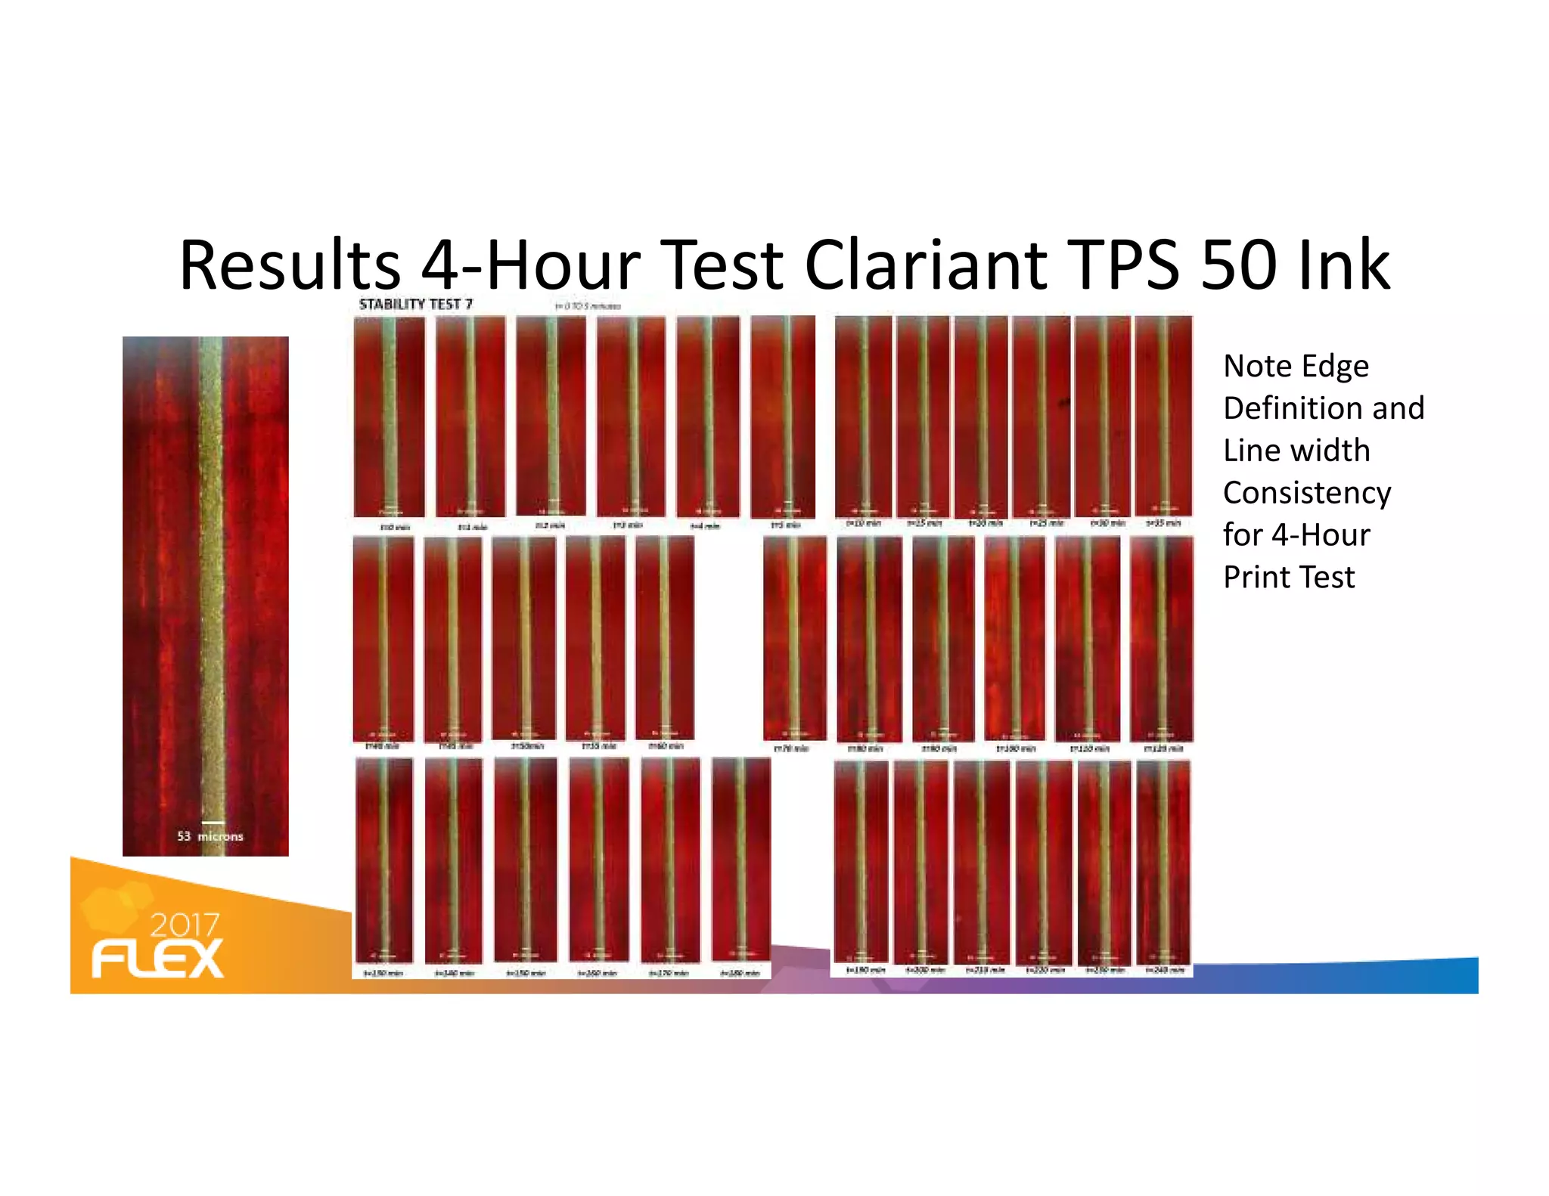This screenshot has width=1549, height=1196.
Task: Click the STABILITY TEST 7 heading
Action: click(x=415, y=304)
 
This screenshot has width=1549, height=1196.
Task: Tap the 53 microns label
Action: click(x=210, y=836)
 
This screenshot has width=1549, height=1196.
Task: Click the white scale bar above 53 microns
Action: click(x=213, y=823)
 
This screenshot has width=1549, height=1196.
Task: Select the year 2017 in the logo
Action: click(x=185, y=925)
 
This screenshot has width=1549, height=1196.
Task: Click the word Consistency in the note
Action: click(x=1306, y=493)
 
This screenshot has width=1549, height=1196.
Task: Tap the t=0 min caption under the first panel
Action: click(x=394, y=527)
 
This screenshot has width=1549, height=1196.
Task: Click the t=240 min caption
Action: click(x=1164, y=969)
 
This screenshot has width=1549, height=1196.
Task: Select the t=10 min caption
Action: click(x=862, y=523)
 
